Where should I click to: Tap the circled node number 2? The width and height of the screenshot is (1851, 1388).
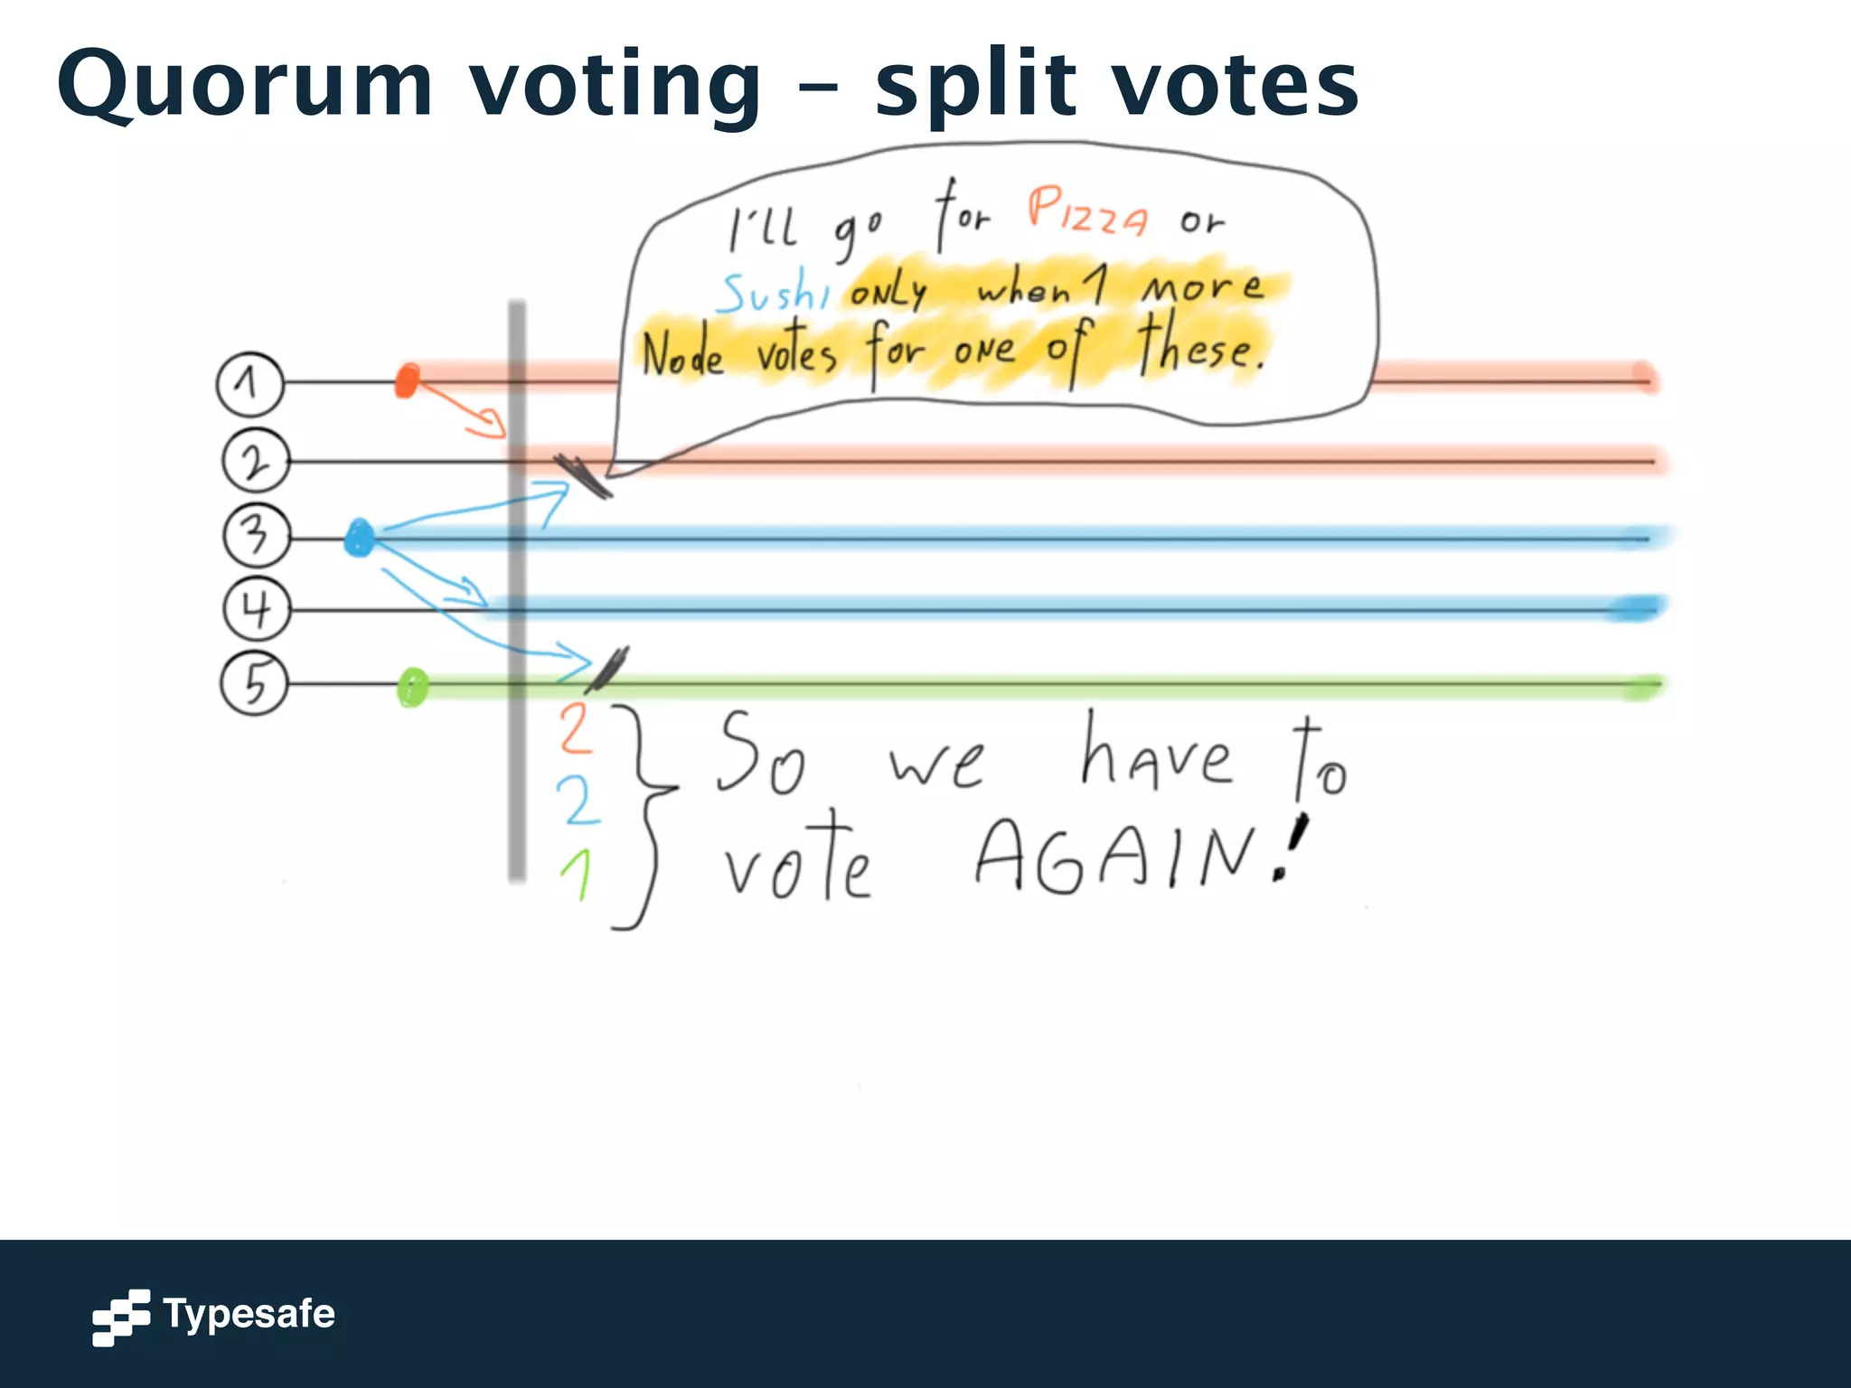click(256, 462)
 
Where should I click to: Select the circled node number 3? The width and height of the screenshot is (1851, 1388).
click(257, 536)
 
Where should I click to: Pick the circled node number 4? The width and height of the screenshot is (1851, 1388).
click(257, 609)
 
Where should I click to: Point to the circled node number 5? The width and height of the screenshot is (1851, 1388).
click(255, 683)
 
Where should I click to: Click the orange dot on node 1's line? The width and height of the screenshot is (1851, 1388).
click(408, 380)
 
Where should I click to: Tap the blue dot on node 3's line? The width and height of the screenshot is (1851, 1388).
click(360, 539)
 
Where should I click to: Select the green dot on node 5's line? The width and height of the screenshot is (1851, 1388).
click(412, 688)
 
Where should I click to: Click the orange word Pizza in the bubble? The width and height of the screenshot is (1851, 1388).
click(1087, 212)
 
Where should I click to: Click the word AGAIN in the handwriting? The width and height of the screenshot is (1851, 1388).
click(1116, 856)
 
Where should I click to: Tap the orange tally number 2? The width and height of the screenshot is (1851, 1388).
click(576, 728)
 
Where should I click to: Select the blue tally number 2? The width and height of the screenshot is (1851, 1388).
click(577, 801)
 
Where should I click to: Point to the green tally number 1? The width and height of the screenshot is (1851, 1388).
click(577, 874)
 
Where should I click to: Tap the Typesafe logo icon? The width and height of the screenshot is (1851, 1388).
click(121, 1317)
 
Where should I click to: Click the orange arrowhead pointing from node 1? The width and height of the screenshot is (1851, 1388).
click(491, 423)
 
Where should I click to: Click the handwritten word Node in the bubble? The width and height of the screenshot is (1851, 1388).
click(683, 354)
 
